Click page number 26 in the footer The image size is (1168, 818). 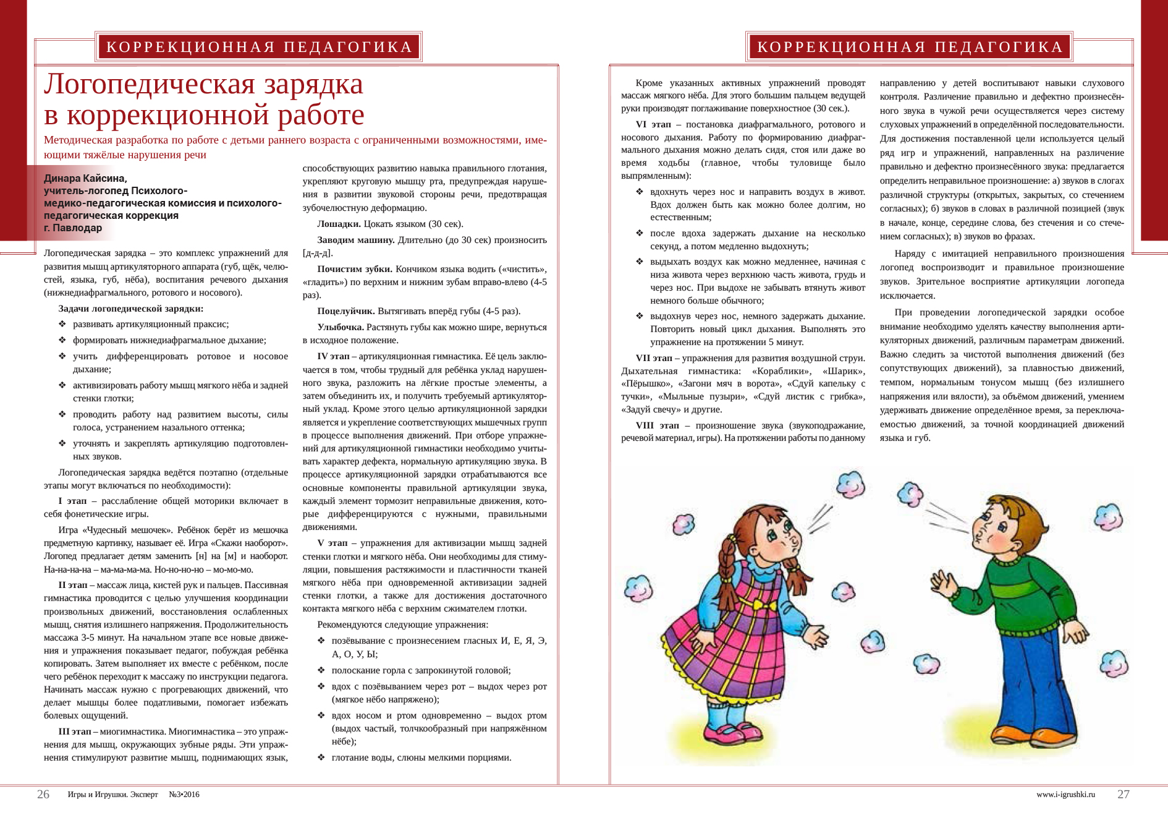(x=43, y=795)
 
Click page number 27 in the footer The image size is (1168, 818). (x=1123, y=795)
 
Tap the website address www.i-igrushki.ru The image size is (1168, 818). (x=1065, y=795)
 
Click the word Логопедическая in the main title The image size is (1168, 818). (x=149, y=85)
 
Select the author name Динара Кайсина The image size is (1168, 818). (x=85, y=179)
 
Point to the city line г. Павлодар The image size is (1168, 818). (x=73, y=228)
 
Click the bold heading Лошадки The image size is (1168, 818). (x=339, y=224)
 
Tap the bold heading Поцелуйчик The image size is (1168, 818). (x=346, y=311)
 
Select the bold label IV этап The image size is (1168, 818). (x=334, y=356)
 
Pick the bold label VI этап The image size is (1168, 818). (x=654, y=124)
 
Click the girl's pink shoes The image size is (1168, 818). (x=735, y=734)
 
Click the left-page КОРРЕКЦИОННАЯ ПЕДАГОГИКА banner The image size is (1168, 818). (x=259, y=47)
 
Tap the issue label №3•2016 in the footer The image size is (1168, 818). (x=184, y=795)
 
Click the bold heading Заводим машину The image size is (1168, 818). (x=356, y=240)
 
